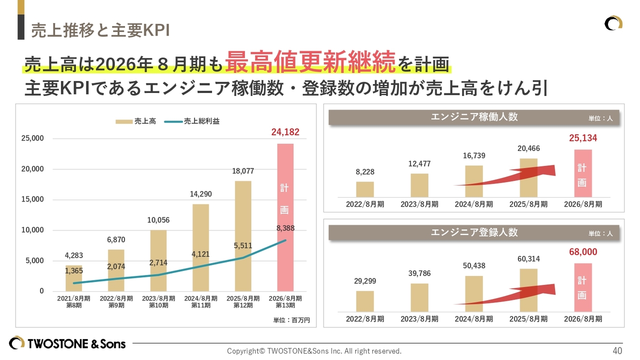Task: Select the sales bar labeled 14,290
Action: pos(200,247)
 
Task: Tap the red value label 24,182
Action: pos(285,132)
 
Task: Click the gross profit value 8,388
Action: pos(284,228)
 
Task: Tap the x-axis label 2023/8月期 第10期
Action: pos(158,301)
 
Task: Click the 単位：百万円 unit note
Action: pos(291,320)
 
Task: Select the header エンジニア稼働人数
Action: pos(474,117)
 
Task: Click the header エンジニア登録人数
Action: pos(474,232)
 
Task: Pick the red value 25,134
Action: pos(582,138)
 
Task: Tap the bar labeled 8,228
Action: pos(365,189)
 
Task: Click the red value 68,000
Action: pos(582,252)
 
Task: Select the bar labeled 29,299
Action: pos(365,301)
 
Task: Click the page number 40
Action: pos(617,350)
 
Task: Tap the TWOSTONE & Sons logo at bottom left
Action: pos(67,343)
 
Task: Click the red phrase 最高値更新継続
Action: pos(310,62)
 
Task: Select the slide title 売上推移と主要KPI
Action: pos(100,30)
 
